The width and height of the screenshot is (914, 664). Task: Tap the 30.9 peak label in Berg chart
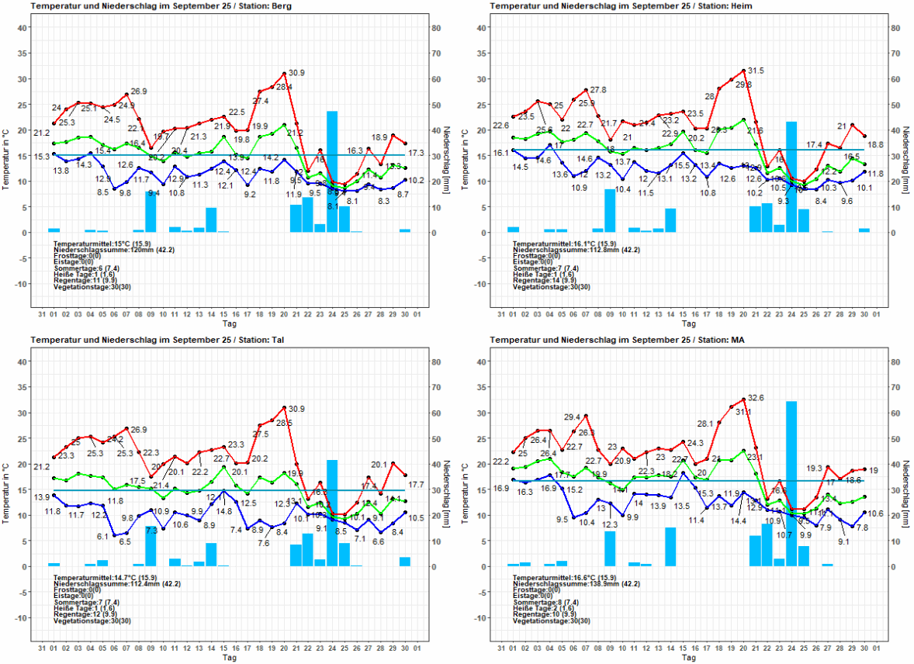pos(296,73)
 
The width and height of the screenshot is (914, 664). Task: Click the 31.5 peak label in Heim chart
pos(756,71)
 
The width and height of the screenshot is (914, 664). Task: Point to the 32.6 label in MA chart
pos(756,397)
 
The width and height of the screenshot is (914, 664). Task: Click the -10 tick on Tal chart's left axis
pos(23,617)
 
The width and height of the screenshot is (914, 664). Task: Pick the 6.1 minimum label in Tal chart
pos(102,537)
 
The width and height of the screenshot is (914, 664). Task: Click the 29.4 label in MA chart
pos(573,417)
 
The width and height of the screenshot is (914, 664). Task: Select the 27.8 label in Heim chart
pos(598,90)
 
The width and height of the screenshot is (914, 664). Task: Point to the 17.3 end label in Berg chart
pos(416,153)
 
